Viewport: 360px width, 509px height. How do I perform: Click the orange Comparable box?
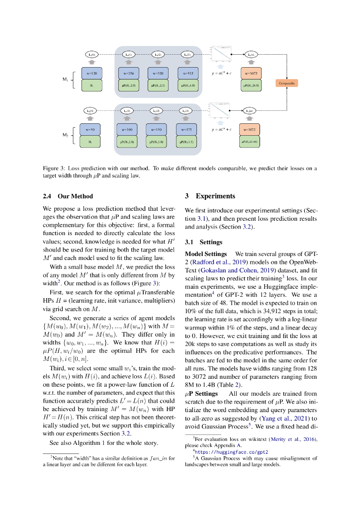(286, 83)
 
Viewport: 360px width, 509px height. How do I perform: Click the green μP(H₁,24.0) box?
(253, 85)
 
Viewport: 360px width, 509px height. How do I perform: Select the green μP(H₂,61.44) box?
(253, 142)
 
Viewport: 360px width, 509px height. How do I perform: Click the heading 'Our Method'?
(75, 196)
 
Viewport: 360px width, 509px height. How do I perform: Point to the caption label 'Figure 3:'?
(54, 169)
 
